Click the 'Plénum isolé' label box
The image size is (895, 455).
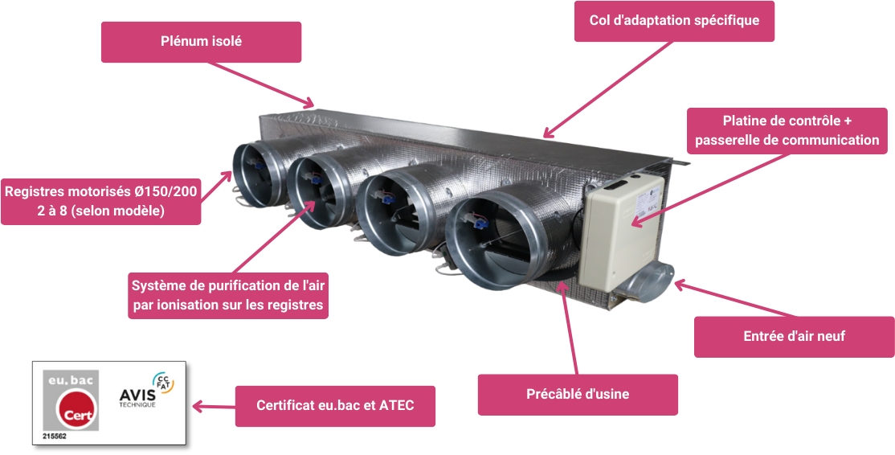coord(201,42)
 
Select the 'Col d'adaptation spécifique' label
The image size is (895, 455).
coord(674,21)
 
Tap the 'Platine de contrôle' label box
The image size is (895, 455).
coord(787,131)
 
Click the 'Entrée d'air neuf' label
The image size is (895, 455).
coord(794,337)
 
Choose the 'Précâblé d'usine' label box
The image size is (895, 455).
coord(578,395)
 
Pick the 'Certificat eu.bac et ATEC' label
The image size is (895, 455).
coord(335,406)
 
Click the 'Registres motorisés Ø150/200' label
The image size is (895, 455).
coord(100,201)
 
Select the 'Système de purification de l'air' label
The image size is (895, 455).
coord(228,295)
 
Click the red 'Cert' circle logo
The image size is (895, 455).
coord(76,411)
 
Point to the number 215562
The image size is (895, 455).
coord(55,436)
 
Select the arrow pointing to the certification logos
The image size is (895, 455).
coord(210,407)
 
